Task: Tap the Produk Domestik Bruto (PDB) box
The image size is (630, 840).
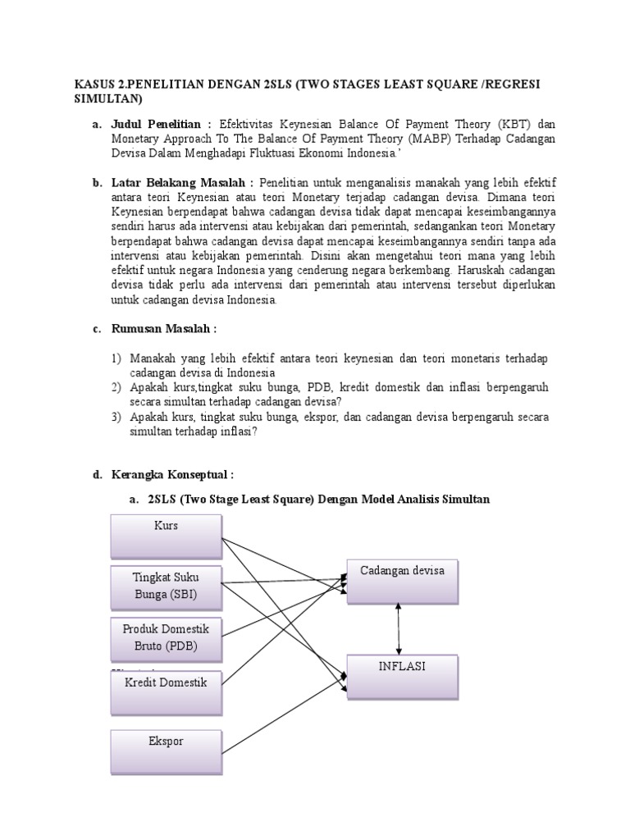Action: tap(166, 638)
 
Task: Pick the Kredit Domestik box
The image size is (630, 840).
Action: tap(166, 690)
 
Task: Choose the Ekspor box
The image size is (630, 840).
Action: tap(166, 751)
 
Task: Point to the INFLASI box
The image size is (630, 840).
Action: tap(402, 676)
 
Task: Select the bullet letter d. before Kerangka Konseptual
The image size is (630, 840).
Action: tap(97, 474)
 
